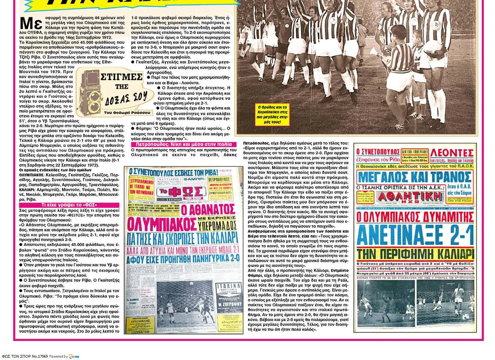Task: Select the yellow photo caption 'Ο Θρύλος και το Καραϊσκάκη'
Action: click(x=273, y=114)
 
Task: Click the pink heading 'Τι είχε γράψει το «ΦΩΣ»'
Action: click(x=69, y=205)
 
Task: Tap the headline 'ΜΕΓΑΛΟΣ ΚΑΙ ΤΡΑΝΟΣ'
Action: click(x=415, y=177)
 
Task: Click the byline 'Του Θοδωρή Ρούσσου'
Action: click(x=127, y=112)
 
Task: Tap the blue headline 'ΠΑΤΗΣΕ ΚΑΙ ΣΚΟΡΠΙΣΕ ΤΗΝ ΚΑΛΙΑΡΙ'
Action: click(x=183, y=237)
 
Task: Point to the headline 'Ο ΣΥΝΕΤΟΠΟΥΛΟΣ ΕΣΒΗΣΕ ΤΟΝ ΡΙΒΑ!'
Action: click(x=173, y=171)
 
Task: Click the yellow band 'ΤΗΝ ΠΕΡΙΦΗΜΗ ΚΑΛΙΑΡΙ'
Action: click(x=415, y=254)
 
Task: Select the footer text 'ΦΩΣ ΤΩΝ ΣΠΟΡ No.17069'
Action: click(x=25, y=356)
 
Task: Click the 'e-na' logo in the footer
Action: click(x=74, y=356)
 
